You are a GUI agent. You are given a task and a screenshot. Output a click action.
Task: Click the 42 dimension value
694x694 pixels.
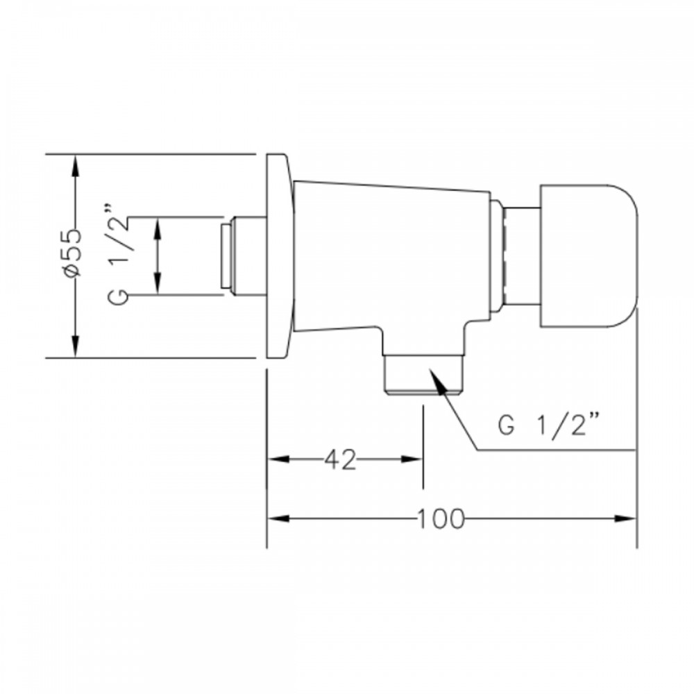tap(340, 460)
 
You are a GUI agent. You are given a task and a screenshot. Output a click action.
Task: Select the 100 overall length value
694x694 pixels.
tap(441, 518)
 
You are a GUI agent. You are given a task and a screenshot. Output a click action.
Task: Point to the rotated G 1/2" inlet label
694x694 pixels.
tap(118, 253)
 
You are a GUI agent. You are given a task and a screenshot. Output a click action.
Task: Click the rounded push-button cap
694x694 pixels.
tap(589, 256)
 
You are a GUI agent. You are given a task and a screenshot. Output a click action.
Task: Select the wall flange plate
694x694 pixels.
tap(280, 256)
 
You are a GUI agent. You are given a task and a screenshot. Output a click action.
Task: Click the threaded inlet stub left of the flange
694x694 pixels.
tap(244, 256)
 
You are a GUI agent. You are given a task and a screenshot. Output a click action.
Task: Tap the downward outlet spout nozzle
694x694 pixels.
tap(423, 375)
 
